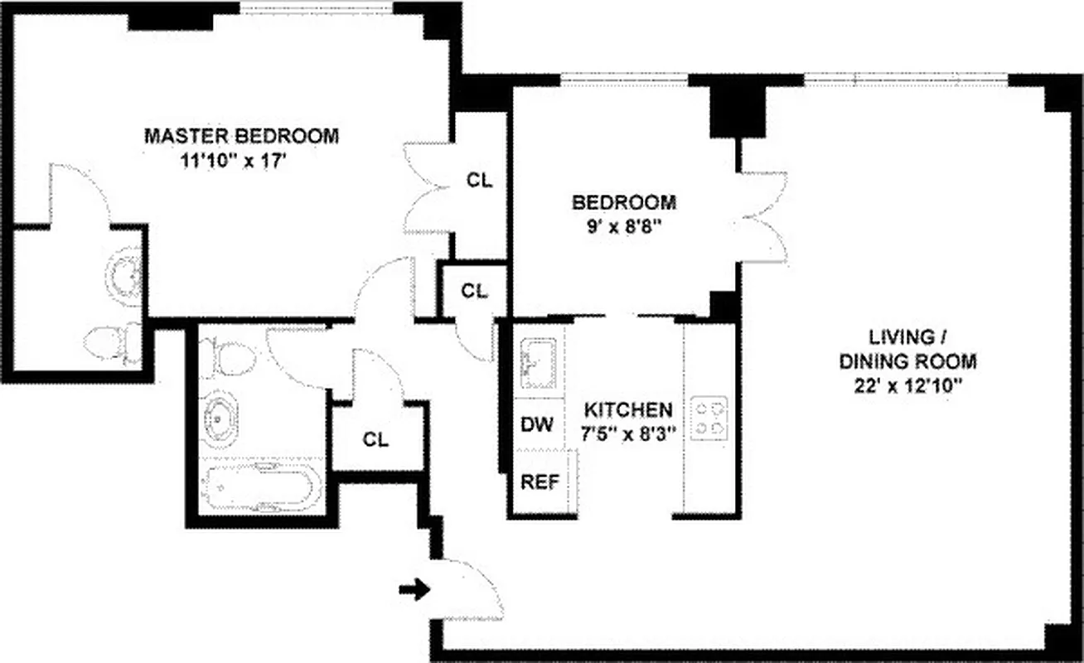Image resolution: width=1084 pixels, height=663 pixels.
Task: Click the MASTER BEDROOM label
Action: (x=241, y=136)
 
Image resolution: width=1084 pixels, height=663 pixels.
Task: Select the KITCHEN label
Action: (x=627, y=409)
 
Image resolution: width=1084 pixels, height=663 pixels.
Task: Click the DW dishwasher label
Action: (x=536, y=425)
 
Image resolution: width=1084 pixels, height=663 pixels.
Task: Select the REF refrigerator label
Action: (x=539, y=482)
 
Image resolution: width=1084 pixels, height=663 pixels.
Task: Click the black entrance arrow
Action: (x=414, y=590)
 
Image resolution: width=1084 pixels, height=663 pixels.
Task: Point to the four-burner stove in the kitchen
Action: (x=709, y=418)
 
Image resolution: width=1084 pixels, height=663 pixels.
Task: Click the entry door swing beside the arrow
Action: (x=468, y=590)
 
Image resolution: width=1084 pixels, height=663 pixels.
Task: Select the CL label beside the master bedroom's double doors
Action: (x=479, y=180)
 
